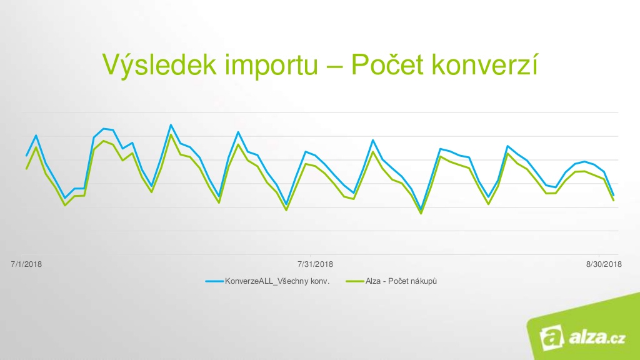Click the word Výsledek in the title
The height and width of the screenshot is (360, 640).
click(x=159, y=65)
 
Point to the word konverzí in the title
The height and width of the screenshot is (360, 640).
click(x=485, y=64)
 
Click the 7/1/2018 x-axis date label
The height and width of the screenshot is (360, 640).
click(x=26, y=264)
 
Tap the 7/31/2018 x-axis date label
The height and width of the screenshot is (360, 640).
click(x=315, y=264)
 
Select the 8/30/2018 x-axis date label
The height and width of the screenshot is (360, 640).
click(x=604, y=264)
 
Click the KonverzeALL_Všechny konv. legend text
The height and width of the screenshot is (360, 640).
click(x=277, y=281)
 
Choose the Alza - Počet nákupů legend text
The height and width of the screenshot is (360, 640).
click(x=401, y=281)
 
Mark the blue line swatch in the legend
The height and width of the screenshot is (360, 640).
click(x=214, y=281)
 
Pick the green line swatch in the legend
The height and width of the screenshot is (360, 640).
click(x=355, y=281)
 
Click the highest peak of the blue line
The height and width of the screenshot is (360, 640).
click(x=171, y=125)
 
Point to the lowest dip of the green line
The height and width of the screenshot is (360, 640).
click(x=421, y=213)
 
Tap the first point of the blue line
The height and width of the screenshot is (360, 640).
click(x=26, y=156)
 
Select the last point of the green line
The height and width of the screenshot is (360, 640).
click(x=614, y=200)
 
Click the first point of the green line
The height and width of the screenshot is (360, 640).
click(x=26, y=169)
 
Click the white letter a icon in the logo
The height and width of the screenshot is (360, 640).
click(x=551, y=337)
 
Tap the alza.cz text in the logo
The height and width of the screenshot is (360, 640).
click(x=597, y=337)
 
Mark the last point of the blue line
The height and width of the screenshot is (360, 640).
click(x=614, y=195)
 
